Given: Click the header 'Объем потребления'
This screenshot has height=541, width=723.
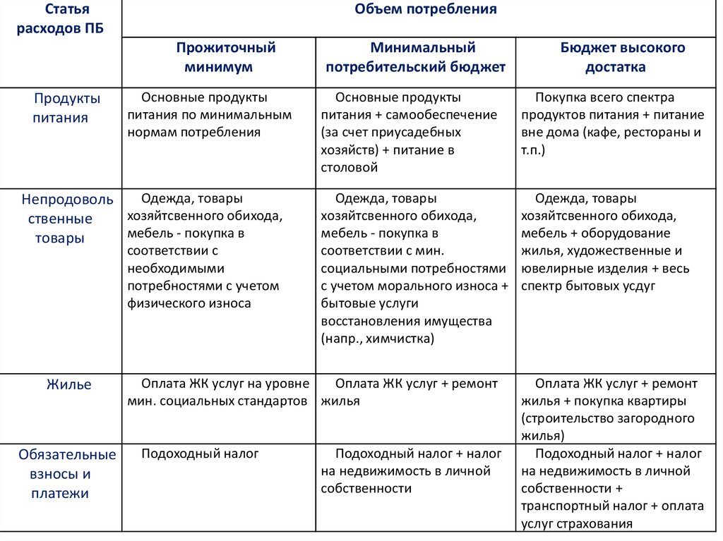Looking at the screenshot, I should (x=421, y=10).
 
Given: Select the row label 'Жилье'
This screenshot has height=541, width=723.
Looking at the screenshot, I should (x=68, y=385).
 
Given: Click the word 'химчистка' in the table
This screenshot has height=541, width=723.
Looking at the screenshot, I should (x=403, y=339).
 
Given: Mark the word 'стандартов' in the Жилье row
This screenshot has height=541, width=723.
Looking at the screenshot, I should (x=273, y=401).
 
